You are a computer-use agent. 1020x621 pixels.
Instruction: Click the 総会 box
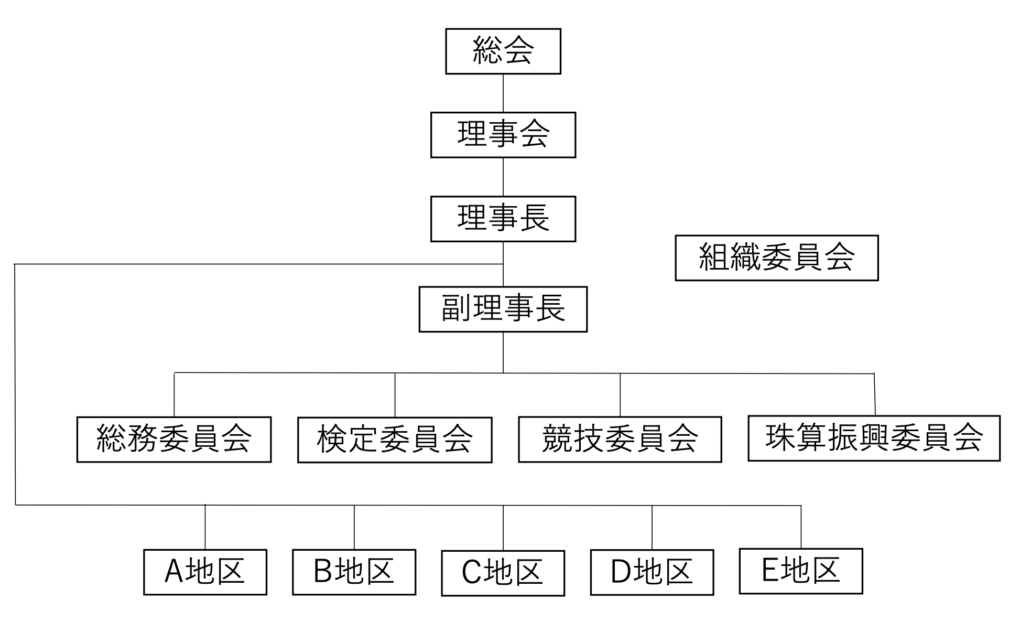[x=503, y=51]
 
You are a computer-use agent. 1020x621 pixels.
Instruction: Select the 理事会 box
[x=503, y=135]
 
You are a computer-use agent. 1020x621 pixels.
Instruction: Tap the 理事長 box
[x=503, y=219]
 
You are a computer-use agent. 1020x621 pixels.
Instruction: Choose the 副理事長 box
[x=503, y=309]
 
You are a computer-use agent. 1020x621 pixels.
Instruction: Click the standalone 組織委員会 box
[x=776, y=258]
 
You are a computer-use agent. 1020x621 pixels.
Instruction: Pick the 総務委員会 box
[x=174, y=440]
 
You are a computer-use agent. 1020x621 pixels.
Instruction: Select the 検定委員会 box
[x=395, y=440]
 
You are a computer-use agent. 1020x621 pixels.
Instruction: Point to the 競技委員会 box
[x=620, y=440]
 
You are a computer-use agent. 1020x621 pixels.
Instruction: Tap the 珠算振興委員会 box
[x=874, y=438]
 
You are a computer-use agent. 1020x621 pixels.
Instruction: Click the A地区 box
[x=205, y=572]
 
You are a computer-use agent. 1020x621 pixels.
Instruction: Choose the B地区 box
[x=354, y=572]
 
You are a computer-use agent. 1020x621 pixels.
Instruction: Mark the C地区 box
[x=503, y=573]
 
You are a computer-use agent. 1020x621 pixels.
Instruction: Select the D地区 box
[x=652, y=572]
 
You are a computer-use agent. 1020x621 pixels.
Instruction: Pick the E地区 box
[x=801, y=571]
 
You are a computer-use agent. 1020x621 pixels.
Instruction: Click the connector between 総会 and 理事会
[x=503, y=93]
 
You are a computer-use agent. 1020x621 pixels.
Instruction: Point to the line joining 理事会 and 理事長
[x=503, y=177]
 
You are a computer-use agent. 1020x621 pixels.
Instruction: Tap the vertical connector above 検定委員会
[x=395, y=395]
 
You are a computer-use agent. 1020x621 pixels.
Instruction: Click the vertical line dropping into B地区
[x=354, y=527]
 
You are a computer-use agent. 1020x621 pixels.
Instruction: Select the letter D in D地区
[x=621, y=572]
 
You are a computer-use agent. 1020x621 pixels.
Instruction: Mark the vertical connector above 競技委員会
[x=620, y=395]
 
